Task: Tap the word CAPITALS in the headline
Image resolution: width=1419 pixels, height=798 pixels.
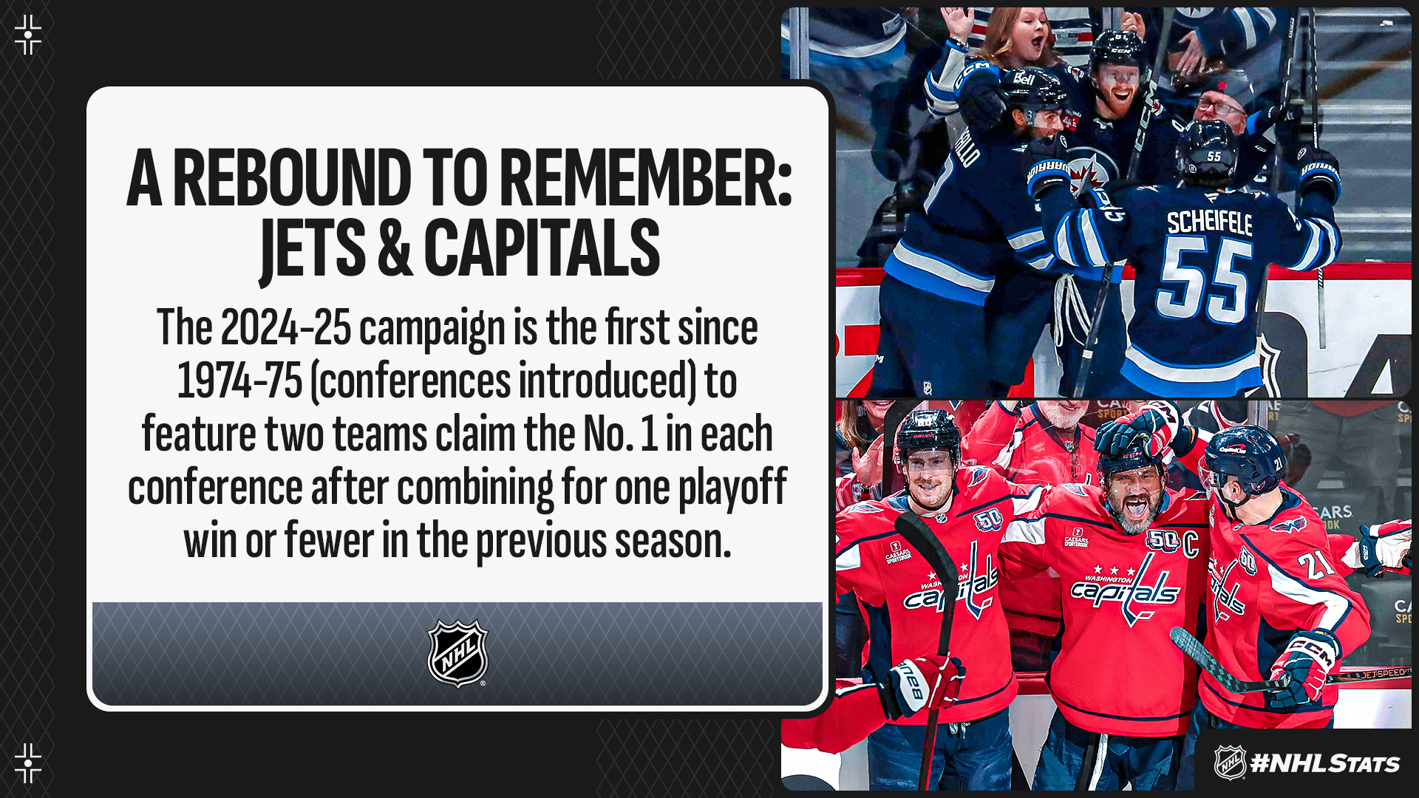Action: click(542, 248)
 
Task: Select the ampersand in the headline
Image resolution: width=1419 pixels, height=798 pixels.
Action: click(395, 248)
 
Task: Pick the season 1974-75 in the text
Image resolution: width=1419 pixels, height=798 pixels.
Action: click(239, 381)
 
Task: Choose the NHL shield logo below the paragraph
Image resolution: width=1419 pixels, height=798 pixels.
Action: click(457, 653)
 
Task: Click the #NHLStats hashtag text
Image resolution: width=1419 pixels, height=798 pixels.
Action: click(1325, 763)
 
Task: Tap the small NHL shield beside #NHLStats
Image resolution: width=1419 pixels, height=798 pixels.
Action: click(1230, 763)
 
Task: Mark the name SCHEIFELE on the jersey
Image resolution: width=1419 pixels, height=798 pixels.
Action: click(1210, 222)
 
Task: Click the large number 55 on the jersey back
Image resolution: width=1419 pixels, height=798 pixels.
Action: click(1204, 280)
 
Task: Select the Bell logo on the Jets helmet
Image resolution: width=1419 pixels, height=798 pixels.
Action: click(1024, 78)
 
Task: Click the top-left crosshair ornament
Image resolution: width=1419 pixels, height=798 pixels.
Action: click(28, 35)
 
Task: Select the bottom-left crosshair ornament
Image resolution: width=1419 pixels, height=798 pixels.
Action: click(28, 763)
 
